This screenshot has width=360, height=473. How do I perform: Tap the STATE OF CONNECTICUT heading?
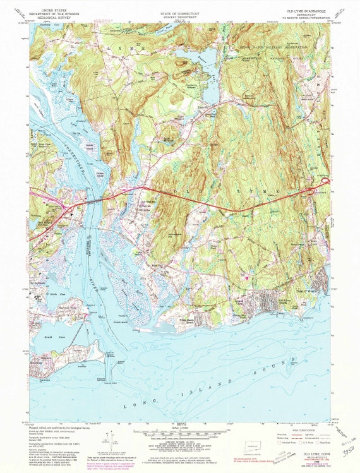(181, 11)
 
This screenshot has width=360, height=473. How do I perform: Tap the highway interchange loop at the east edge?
(324, 188)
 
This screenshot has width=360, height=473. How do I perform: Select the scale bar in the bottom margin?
(180, 438)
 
